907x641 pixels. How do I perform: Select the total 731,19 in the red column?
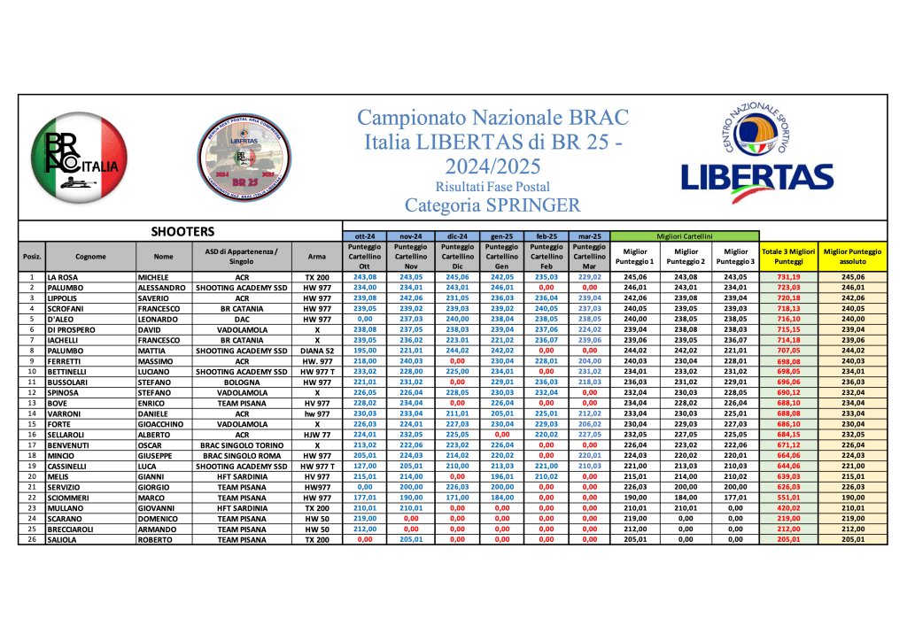(788, 277)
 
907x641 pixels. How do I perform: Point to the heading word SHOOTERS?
(182, 232)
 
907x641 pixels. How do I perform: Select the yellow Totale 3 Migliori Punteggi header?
(788, 257)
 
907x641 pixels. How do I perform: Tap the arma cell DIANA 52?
(317, 351)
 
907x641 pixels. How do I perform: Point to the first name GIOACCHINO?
(163, 425)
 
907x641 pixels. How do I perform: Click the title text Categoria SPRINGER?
(492, 205)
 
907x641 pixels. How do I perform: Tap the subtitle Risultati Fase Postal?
(492, 187)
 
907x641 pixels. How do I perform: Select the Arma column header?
(317, 257)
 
